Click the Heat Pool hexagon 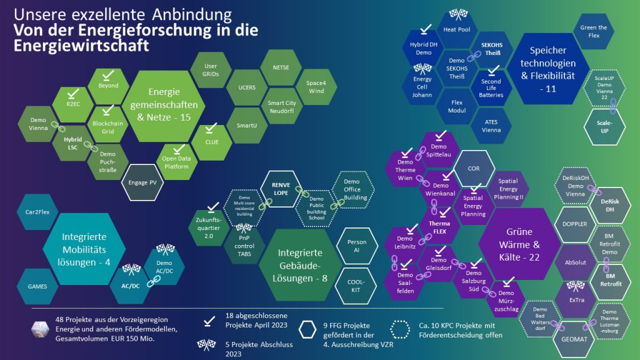[456, 29]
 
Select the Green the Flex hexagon [593, 31]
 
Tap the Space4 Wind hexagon [316, 87]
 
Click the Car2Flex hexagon [37, 212]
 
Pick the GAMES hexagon [37, 286]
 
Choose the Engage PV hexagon [142, 182]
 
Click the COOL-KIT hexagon [356, 286]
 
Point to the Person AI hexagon [356, 246]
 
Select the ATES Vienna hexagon [491, 126]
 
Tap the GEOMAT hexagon [569, 342]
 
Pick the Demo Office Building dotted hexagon [356, 189]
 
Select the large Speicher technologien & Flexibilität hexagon [547, 70]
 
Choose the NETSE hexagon [281, 67]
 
